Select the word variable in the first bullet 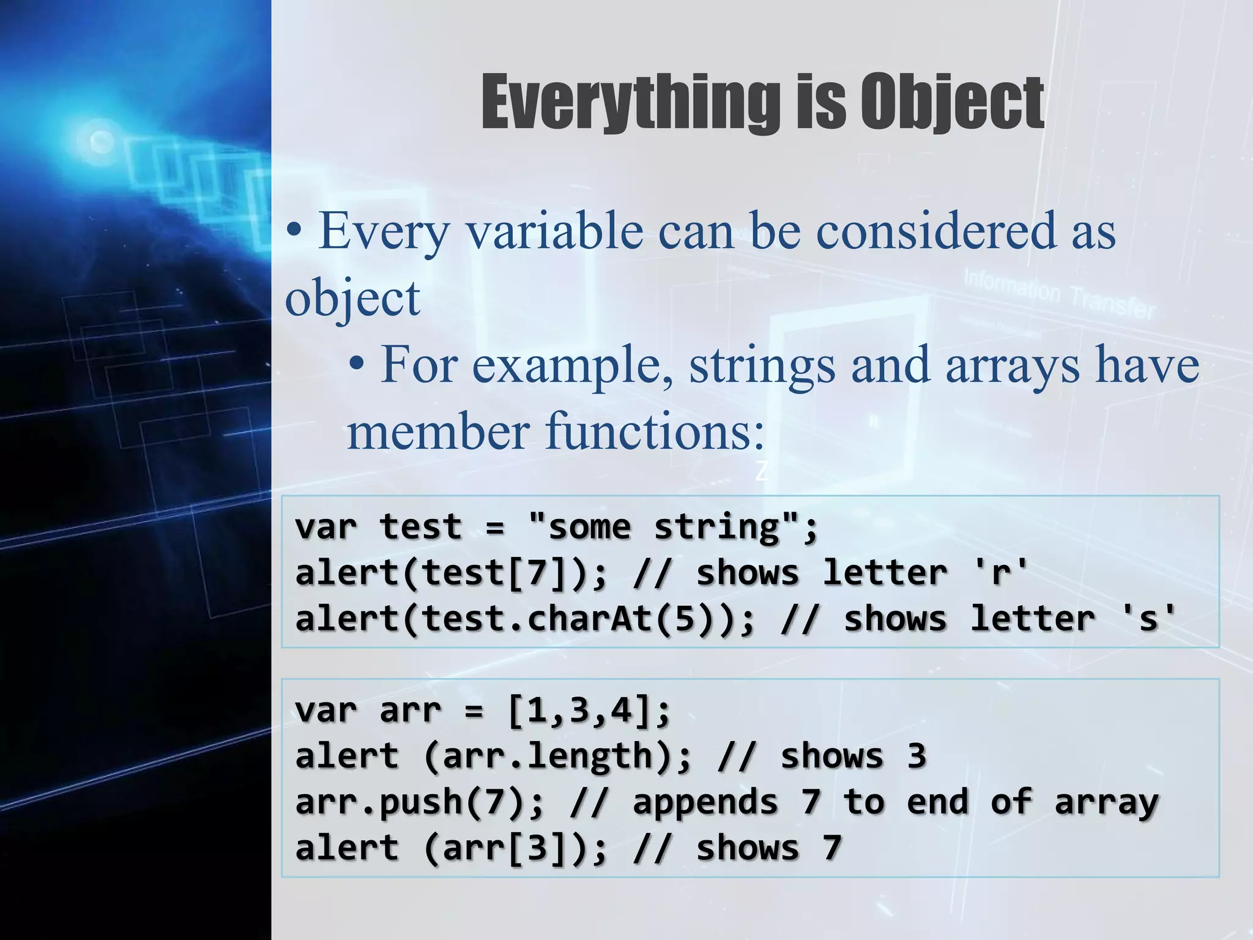[x=554, y=231]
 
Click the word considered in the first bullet [x=936, y=231]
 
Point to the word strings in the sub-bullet [x=762, y=366]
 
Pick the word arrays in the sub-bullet [x=1013, y=366]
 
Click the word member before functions [x=438, y=431]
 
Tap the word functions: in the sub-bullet [x=655, y=431]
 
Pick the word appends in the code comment [x=705, y=802]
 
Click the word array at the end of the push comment [x=1106, y=802]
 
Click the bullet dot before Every [x=294, y=231]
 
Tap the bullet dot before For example [x=357, y=366]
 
